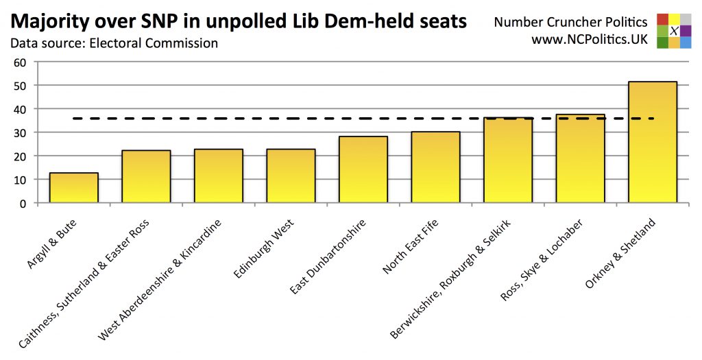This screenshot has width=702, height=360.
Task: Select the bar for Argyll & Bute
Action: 73,188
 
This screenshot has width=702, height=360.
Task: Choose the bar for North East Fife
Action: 435,167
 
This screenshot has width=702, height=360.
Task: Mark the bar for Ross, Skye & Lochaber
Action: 580,159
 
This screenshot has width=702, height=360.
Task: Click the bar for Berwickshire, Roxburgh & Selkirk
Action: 507,160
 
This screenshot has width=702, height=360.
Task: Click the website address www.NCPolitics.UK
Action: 590,40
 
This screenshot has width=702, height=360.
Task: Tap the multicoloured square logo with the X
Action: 674,31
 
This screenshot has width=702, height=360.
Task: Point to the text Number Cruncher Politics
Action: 570,23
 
